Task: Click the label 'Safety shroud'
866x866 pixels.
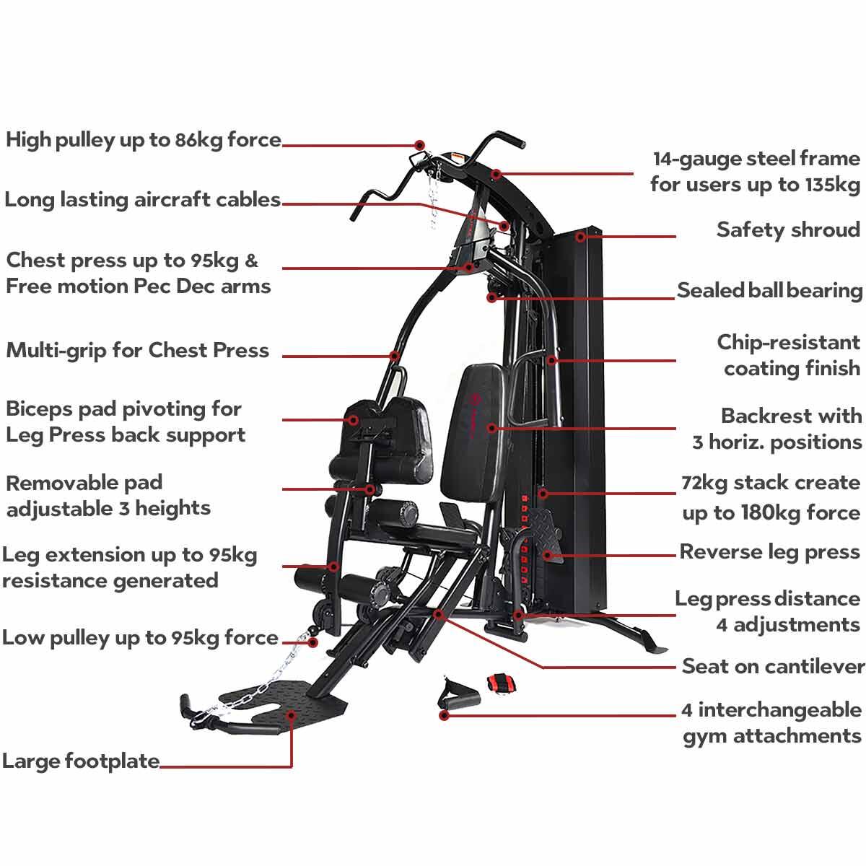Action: click(x=788, y=230)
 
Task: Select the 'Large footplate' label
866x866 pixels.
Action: click(x=81, y=761)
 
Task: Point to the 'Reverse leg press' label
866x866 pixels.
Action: click(x=769, y=552)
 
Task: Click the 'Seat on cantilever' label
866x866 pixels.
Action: click(x=773, y=666)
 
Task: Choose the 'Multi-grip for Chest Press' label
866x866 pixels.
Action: click(x=138, y=351)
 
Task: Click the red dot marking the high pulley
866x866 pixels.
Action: click(x=419, y=145)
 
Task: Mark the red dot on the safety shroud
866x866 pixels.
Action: click(x=581, y=237)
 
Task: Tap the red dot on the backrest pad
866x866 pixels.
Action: click(x=491, y=428)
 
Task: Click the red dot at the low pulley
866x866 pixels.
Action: click(x=314, y=642)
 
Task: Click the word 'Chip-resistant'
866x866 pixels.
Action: click(x=788, y=343)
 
